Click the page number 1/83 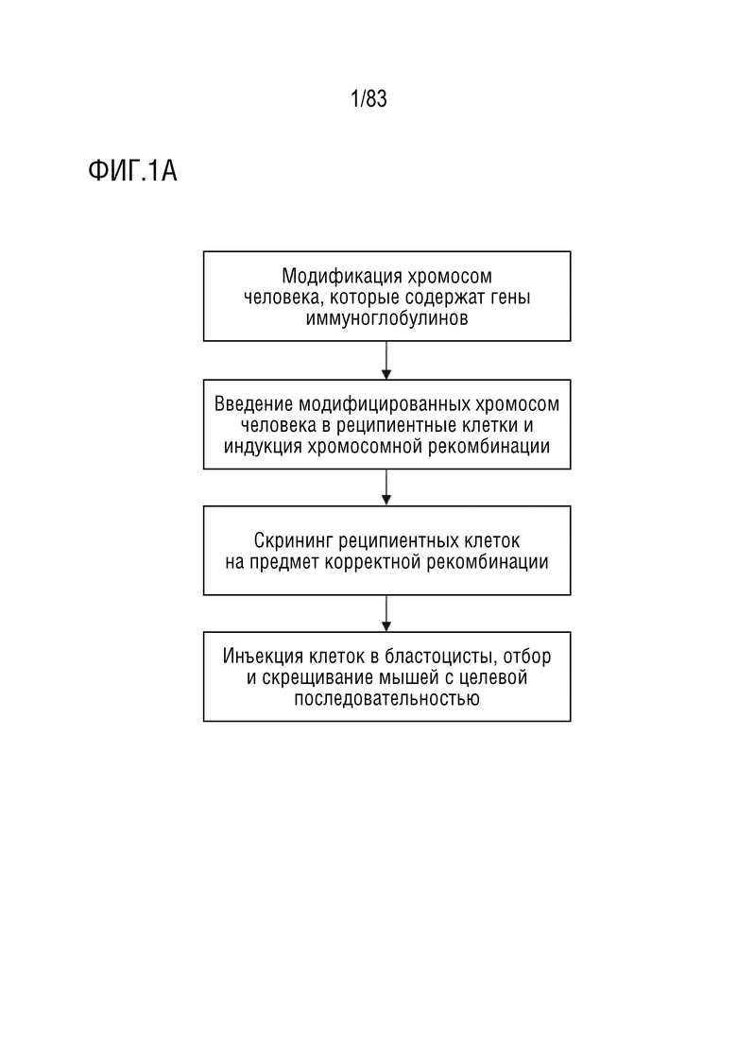tap(368, 99)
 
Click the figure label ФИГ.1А tap(132, 171)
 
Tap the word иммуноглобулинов tap(386, 318)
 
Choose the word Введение tap(254, 404)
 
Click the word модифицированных tap(386, 404)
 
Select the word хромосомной tap(365, 447)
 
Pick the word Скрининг tap(293, 541)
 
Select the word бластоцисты tap(441, 657)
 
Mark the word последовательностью tap(386, 699)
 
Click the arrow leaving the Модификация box tap(386, 360)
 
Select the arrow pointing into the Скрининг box tap(386, 487)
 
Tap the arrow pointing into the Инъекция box tap(386, 613)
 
